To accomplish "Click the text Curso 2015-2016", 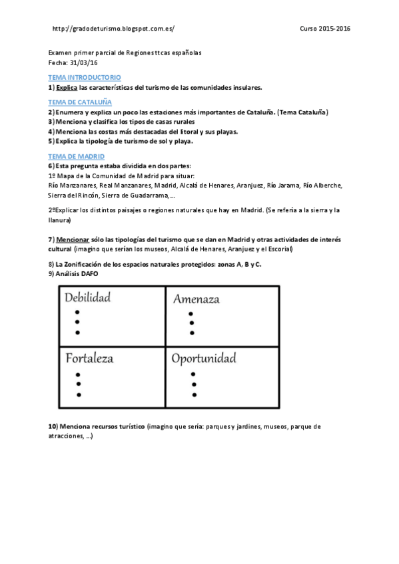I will (325, 29).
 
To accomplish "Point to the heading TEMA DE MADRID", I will (77, 156).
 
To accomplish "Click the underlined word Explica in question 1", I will (67, 87).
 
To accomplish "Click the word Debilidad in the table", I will (88, 297).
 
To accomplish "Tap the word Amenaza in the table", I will (196, 299).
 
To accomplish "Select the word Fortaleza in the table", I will (89, 358).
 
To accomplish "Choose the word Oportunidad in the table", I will (204, 358).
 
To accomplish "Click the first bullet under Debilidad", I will (78, 312).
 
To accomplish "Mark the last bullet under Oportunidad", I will (193, 395).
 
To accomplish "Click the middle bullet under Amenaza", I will (192, 323).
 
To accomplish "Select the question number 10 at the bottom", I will (52, 426).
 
